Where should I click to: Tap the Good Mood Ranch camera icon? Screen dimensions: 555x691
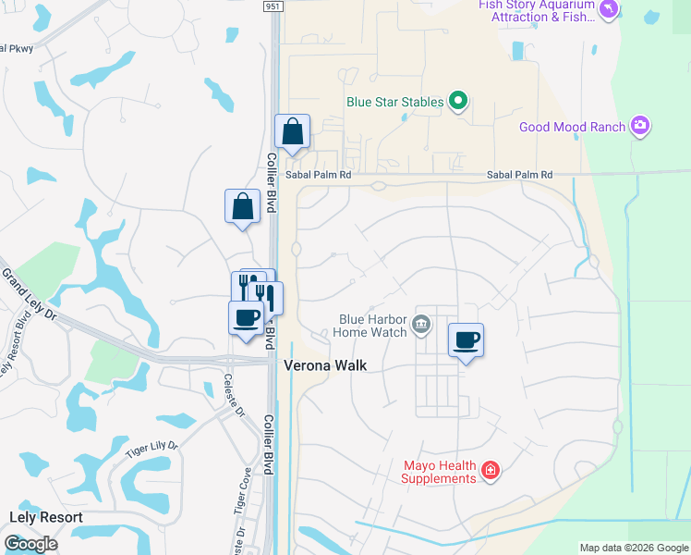pyautogui.click(x=640, y=127)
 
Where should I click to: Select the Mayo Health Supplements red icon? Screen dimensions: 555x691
pyautogui.click(x=490, y=473)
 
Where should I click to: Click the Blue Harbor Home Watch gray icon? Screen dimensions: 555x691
pyautogui.click(x=422, y=324)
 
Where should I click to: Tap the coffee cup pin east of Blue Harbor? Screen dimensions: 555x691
pyautogui.click(x=467, y=339)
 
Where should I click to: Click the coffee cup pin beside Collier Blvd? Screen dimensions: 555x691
pyautogui.click(x=247, y=318)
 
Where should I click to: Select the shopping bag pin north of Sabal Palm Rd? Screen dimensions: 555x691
pyautogui.click(x=292, y=132)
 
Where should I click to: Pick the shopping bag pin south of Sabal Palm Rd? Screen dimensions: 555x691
pyautogui.click(x=242, y=206)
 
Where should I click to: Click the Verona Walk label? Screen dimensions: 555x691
pyautogui.click(x=324, y=365)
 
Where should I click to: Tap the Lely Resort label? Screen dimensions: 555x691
pyautogui.click(x=46, y=518)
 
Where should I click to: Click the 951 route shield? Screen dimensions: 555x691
pyautogui.click(x=269, y=6)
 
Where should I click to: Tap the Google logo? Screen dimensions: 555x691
pyautogui.click(x=30, y=544)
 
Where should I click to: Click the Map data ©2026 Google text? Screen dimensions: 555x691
pyautogui.click(x=633, y=548)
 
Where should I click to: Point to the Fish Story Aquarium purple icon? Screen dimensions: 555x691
pyautogui.click(x=608, y=10)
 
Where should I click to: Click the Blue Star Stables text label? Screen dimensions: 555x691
pyautogui.click(x=395, y=102)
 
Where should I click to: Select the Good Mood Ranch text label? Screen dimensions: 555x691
pyautogui.click(x=573, y=127)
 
